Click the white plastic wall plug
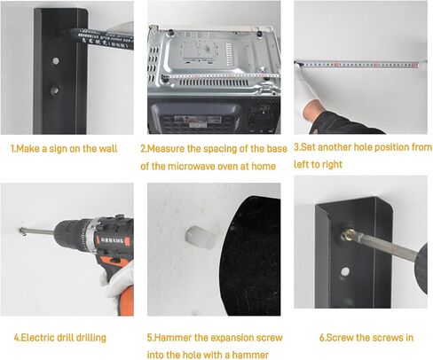(199, 238)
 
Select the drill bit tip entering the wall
(22, 231)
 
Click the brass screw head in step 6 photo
(347, 235)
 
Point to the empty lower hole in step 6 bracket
(344, 271)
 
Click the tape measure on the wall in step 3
(360, 64)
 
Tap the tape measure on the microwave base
(220, 76)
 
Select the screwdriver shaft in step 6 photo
(384, 245)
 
